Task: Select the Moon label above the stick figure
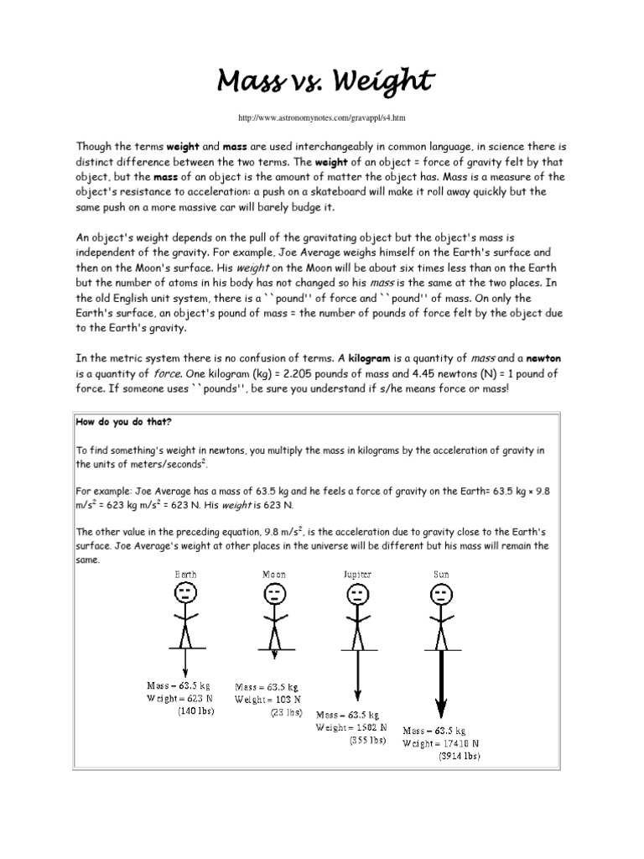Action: tap(273, 575)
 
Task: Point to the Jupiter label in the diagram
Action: tap(356, 575)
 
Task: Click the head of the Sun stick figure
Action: tap(439, 596)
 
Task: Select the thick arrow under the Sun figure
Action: tap(439, 684)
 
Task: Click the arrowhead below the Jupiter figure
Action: tap(357, 695)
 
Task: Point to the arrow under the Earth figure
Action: tap(185, 663)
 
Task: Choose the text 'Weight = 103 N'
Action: tap(267, 699)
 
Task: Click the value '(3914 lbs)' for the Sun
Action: tap(458, 755)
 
